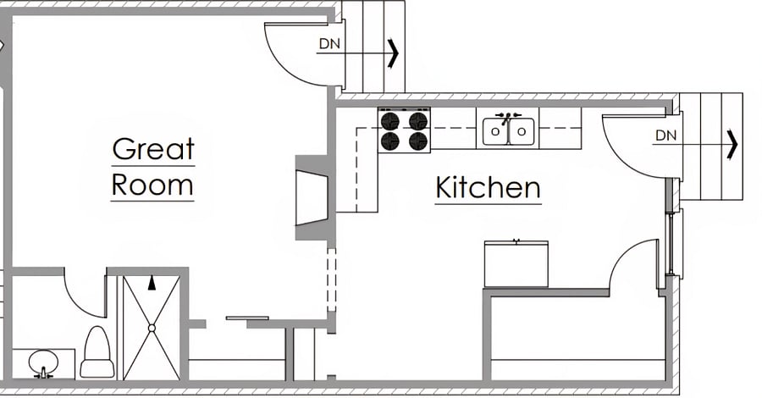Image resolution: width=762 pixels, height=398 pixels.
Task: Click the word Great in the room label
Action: (153, 149)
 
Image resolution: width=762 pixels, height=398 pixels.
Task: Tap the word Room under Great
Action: (152, 185)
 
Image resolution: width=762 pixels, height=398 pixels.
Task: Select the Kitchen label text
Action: (488, 188)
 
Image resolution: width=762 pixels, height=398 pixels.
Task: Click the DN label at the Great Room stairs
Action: (329, 44)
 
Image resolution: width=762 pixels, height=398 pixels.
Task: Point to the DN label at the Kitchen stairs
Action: (665, 135)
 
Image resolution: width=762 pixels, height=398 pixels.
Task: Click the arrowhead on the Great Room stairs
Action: (393, 53)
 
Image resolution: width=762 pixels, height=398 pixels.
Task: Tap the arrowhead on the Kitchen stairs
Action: (732, 144)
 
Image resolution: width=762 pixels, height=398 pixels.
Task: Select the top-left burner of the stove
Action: (389, 120)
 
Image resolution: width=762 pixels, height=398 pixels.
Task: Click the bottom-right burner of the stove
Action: (418, 141)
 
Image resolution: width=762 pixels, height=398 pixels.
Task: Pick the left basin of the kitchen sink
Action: (495, 131)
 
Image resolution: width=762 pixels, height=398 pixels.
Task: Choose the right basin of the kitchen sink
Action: (522, 131)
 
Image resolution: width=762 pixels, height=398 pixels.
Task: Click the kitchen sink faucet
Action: (507, 117)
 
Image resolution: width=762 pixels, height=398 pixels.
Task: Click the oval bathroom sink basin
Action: (43, 362)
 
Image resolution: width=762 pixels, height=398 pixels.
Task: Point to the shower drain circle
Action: (152, 329)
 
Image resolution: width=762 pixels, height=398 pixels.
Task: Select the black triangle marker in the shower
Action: (152, 283)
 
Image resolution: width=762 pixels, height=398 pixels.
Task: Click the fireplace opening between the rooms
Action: (312, 197)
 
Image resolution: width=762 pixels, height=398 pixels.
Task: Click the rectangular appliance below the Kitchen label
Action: (516, 264)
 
